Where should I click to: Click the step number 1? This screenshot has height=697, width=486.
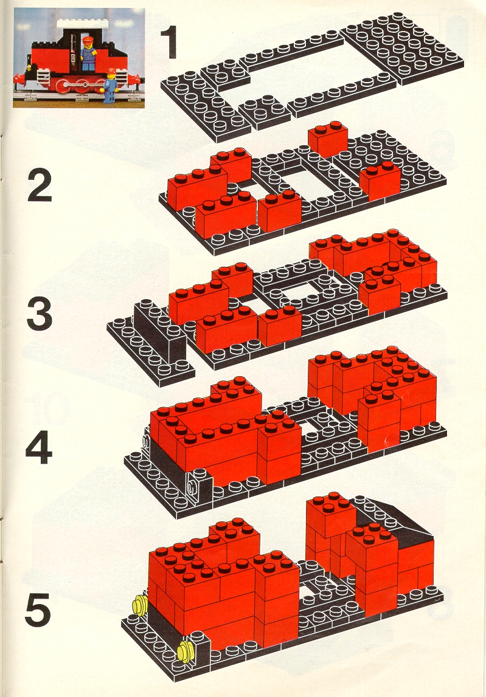coord(168,43)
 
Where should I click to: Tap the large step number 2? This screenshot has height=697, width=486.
coord(40,187)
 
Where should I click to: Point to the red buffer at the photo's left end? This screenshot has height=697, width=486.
coord(19,79)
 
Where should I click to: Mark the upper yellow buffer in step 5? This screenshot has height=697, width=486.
coord(141,605)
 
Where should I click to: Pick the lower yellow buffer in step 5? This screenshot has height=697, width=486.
coord(185,652)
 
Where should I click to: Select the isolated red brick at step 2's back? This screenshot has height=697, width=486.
coord(328,139)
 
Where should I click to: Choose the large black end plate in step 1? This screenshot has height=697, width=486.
coord(403,48)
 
